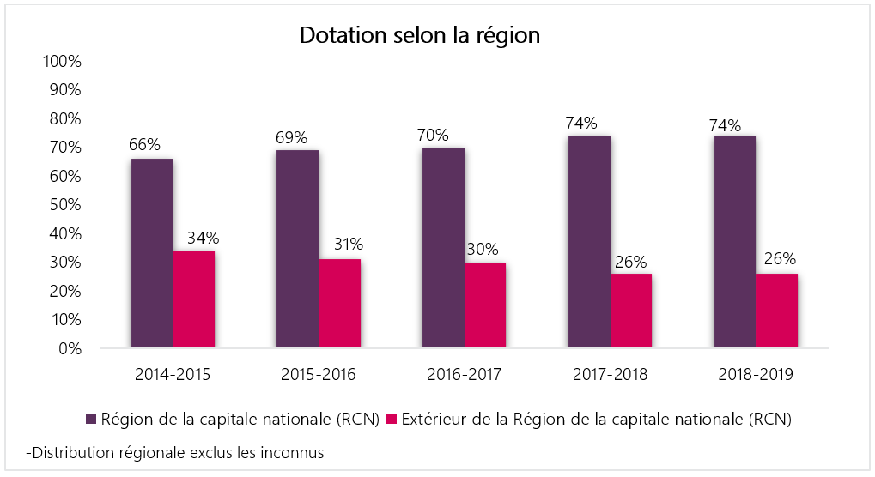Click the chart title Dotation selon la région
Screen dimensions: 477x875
coord(419,36)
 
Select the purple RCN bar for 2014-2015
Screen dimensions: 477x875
coord(151,254)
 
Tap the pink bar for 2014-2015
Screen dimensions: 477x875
coord(193,299)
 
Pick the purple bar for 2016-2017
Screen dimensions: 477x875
coord(443,248)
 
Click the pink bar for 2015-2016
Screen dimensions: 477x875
coord(339,304)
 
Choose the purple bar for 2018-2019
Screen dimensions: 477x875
coord(734,242)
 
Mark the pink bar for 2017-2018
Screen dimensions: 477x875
coord(631,311)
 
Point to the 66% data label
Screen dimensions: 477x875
coord(144,144)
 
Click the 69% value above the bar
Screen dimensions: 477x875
coord(291,137)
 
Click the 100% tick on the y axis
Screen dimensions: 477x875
coord(63,62)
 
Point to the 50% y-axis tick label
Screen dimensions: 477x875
coord(66,205)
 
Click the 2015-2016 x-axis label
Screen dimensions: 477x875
coord(319,375)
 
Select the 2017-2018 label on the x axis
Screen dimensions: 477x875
coord(610,375)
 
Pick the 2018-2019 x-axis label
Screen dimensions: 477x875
coord(756,375)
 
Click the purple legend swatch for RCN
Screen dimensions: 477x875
coord(91,419)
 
